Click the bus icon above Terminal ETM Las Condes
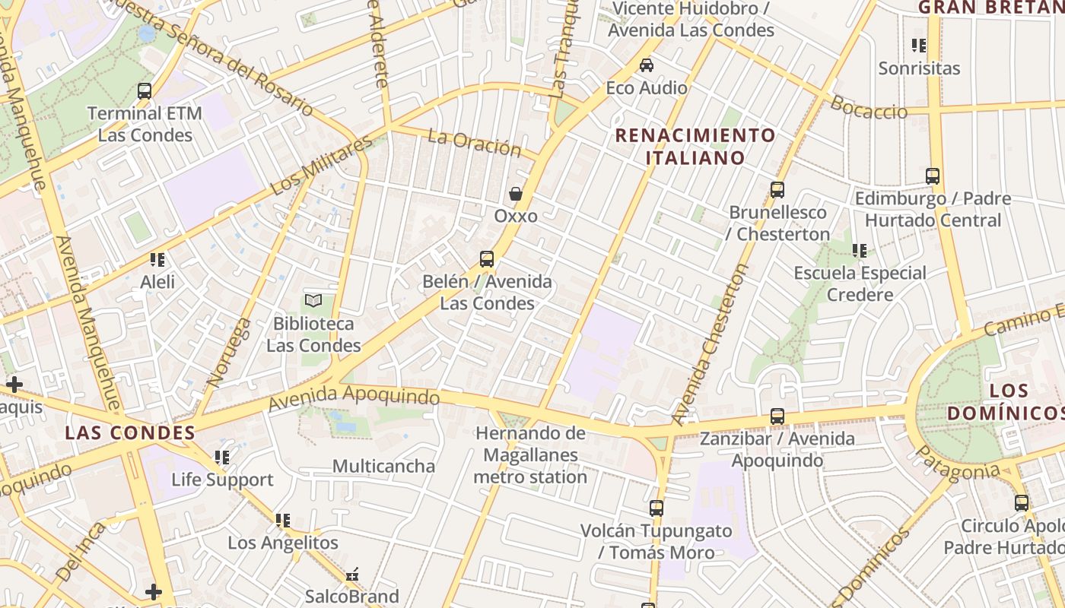pyautogui.click(x=145, y=91)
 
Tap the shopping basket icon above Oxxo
pyautogui.click(x=516, y=194)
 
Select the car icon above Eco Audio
pyautogui.click(x=647, y=65)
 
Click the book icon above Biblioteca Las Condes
pyautogui.click(x=313, y=301)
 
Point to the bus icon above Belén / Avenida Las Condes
pyautogui.click(x=487, y=259)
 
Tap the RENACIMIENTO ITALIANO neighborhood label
pyautogui.click(x=695, y=147)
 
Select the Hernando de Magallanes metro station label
pyautogui.click(x=530, y=455)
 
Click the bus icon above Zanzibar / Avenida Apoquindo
pyautogui.click(x=777, y=416)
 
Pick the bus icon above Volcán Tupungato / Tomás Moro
pyautogui.click(x=656, y=508)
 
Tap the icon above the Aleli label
pyautogui.click(x=157, y=260)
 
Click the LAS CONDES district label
pyautogui.click(x=130, y=433)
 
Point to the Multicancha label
pyautogui.click(x=383, y=466)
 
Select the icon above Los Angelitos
pyautogui.click(x=283, y=521)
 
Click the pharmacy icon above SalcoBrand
pyautogui.click(x=351, y=575)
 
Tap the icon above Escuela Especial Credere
pyautogui.click(x=860, y=250)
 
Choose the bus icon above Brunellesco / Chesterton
pyautogui.click(x=777, y=190)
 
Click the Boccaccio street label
pyautogui.click(x=869, y=107)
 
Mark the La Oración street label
pyautogui.click(x=474, y=143)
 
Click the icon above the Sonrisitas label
pyautogui.click(x=919, y=46)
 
